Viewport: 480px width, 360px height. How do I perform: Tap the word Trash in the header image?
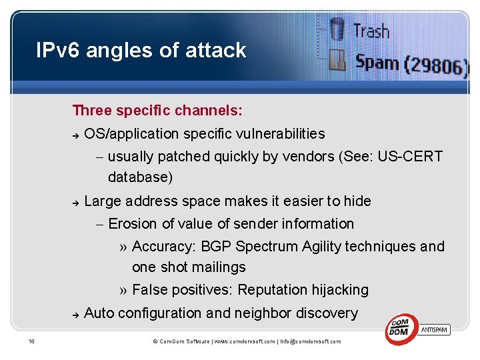(371, 30)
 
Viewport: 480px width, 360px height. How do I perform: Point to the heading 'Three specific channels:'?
(157, 109)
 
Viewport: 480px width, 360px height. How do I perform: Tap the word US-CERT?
(409, 157)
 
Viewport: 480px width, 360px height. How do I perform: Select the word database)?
(140, 177)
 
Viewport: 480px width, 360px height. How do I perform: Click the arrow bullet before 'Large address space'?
(76, 202)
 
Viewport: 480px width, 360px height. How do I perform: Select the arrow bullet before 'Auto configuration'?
(76, 314)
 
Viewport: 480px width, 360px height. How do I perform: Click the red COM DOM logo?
(401, 329)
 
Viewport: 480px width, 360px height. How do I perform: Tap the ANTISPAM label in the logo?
(435, 329)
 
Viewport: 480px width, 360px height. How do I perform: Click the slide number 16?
(31, 341)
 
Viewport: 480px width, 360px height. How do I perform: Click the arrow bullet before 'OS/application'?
(76, 135)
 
